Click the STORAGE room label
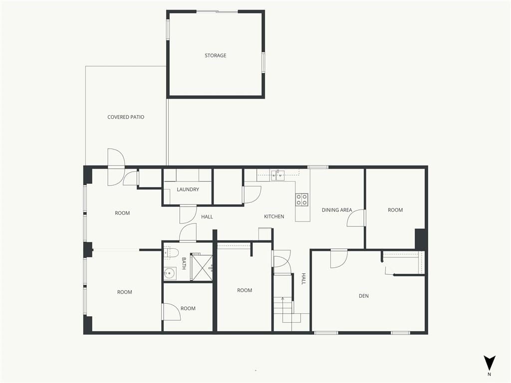(x=216, y=55)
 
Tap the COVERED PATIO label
(x=126, y=117)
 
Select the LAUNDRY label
(x=188, y=189)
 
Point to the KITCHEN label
(x=274, y=216)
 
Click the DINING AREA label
(x=337, y=210)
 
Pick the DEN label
(x=364, y=296)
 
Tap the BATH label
(x=184, y=263)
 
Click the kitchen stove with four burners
(x=302, y=199)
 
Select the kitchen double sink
(x=277, y=175)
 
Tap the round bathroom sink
(x=170, y=273)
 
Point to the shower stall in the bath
(x=202, y=267)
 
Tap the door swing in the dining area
(x=356, y=218)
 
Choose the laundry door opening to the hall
(x=188, y=214)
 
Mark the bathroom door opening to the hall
(x=188, y=232)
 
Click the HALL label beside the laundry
(x=207, y=216)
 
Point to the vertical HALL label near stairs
(x=303, y=279)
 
